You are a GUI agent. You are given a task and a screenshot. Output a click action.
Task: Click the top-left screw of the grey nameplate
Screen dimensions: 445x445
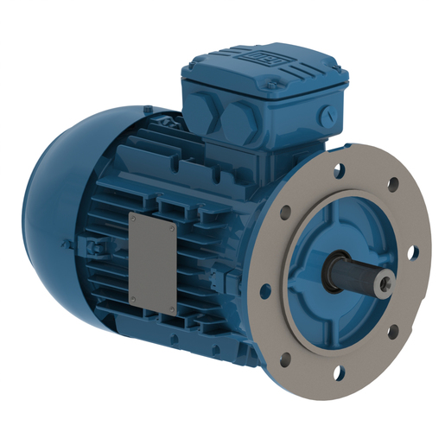tap(133, 217)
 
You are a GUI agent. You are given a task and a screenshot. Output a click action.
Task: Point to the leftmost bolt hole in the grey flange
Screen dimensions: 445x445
tap(264, 289)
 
